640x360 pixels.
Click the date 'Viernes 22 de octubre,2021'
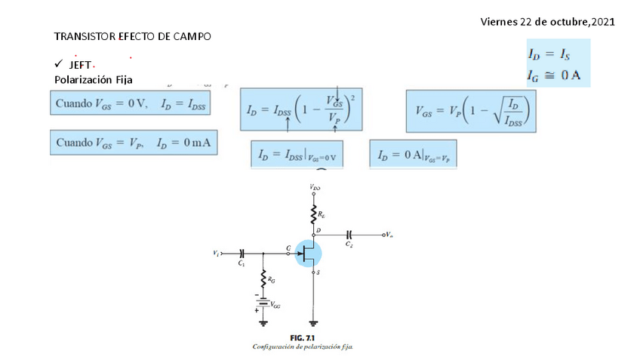click(x=547, y=21)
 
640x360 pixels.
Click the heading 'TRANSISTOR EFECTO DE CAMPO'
click(x=133, y=36)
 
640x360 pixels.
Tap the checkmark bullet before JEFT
click(x=58, y=66)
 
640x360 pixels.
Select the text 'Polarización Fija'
click(x=94, y=79)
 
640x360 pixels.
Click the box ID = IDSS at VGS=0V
click(x=297, y=155)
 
